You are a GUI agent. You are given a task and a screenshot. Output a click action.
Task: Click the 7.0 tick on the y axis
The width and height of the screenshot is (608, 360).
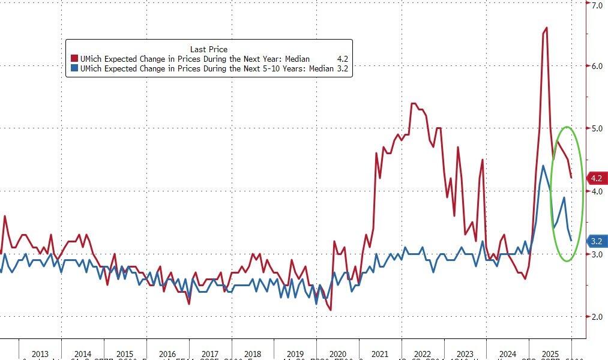tap(597, 5)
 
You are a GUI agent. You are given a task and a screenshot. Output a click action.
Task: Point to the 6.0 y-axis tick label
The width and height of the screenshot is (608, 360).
tap(597, 66)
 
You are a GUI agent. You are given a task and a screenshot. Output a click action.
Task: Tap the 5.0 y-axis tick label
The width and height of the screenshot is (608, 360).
tap(597, 128)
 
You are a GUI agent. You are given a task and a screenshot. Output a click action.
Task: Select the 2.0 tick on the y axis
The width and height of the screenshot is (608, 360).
tap(597, 316)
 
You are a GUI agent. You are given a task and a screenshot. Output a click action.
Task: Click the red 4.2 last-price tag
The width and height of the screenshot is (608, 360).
tap(596, 178)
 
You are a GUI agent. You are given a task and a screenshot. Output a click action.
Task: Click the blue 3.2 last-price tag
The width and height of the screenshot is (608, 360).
tap(596, 241)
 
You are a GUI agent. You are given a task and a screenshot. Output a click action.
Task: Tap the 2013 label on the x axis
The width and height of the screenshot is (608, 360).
tap(40, 354)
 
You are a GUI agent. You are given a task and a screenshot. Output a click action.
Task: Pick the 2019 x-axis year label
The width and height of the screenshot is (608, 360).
tap(295, 354)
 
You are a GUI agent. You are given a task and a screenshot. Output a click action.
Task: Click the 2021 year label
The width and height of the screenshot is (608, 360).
tap(379, 354)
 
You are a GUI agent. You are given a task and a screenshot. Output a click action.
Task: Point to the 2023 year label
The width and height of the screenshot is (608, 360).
tap(465, 354)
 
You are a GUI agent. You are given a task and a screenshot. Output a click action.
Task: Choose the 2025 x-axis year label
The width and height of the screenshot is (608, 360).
tap(550, 354)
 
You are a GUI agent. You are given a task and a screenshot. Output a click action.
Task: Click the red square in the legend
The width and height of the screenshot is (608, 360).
tap(74, 59)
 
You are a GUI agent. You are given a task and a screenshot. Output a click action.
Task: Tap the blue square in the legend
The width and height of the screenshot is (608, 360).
tap(74, 69)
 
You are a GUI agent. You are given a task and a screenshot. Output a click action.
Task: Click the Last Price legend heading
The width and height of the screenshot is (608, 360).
tap(208, 49)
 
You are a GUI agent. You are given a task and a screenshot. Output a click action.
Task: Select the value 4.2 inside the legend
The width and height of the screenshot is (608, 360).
tap(343, 59)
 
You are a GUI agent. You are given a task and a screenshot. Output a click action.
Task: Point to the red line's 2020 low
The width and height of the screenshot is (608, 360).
tap(331, 310)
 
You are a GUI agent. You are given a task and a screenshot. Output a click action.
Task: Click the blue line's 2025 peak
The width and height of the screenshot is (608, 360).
tap(543, 166)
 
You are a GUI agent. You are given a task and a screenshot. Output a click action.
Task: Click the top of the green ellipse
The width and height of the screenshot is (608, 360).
tap(567, 127)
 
